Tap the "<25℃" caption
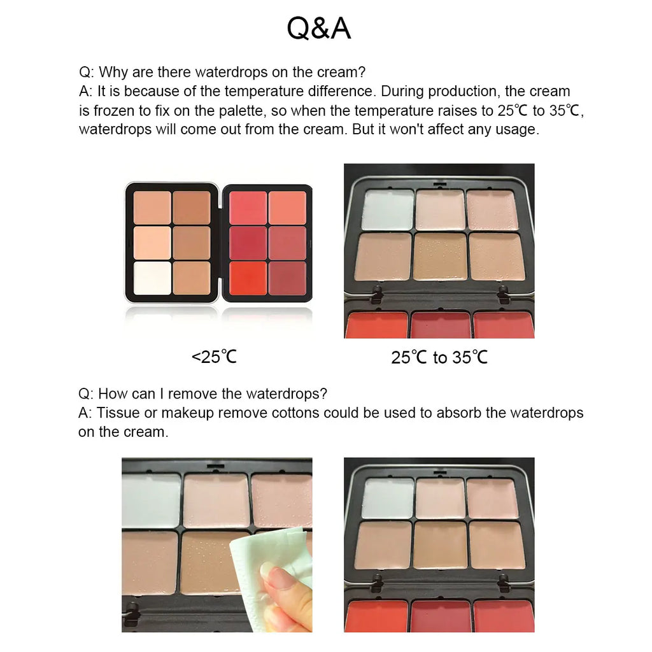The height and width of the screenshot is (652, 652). point(214,357)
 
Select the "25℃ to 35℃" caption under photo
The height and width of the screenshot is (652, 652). point(439,357)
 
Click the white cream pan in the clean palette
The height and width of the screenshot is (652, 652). point(152,278)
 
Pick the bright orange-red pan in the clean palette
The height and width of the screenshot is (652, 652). point(248,278)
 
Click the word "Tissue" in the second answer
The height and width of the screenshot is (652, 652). point(117,413)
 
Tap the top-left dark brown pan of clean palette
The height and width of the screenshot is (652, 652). point(191,208)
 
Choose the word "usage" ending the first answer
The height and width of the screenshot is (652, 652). point(518,129)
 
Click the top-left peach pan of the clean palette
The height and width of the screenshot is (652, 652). point(152,208)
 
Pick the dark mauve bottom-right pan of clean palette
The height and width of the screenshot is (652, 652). point(287,278)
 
